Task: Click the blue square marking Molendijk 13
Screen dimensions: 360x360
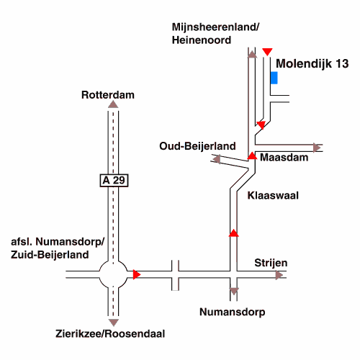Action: (x=274, y=78)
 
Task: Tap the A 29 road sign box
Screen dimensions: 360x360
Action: (x=114, y=180)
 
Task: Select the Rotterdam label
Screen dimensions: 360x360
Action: (x=108, y=95)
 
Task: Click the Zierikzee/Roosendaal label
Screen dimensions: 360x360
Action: (x=110, y=333)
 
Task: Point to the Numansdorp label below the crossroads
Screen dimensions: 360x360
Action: (x=233, y=312)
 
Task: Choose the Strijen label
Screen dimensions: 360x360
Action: (x=271, y=263)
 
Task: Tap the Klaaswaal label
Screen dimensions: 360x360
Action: (x=273, y=195)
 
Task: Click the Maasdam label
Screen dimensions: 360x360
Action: (x=284, y=158)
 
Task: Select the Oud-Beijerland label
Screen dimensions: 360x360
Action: (x=197, y=146)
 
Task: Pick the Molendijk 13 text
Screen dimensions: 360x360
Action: (x=312, y=63)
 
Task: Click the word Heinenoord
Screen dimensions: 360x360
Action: (x=202, y=40)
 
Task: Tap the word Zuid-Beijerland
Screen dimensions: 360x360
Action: (x=50, y=255)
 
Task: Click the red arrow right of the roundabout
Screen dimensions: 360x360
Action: (x=137, y=274)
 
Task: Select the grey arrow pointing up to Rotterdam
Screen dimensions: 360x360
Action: (x=113, y=104)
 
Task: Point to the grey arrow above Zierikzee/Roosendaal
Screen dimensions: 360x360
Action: (x=114, y=323)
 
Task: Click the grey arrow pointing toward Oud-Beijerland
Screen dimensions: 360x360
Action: (x=217, y=159)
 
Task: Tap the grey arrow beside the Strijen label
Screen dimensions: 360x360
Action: (x=279, y=275)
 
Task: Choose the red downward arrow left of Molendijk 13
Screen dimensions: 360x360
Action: (x=267, y=52)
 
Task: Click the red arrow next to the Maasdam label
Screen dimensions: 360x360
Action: (x=252, y=156)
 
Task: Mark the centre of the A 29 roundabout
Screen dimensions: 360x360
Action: (x=113, y=274)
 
